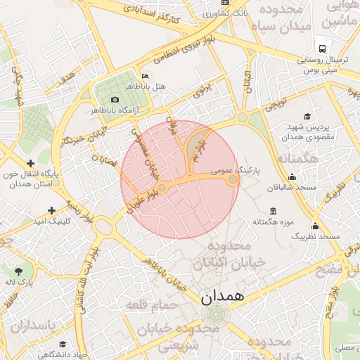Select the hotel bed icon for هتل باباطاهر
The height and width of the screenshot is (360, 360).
pyautogui.click(x=145, y=76)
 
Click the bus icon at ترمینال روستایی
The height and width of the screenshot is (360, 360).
pyautogui.click(x=321, y=49)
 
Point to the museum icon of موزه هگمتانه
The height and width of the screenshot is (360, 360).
pyautogui.click(x=273, y=212)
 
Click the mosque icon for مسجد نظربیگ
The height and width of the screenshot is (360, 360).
pyautogui.click(x=314, y=226)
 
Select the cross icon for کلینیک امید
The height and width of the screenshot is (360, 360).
pyautogui.click(x=51, y=210)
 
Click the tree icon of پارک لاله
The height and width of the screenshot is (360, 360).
pyautogui.click(x=18, y=270)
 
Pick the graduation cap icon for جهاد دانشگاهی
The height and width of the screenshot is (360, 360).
pyautogui.click(x=63, y=344)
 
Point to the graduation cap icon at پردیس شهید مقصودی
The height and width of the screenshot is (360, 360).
pyautogui.click(x=307, y=117)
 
